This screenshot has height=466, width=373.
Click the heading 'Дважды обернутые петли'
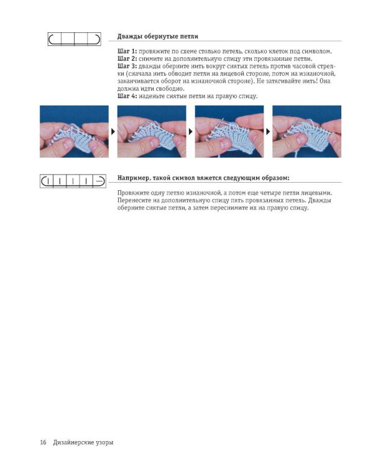158,37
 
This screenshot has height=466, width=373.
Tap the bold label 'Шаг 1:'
127,52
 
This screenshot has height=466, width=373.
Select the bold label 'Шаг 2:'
127,59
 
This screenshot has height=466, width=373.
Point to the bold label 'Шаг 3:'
127,66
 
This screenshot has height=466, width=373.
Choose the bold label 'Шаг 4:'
127,96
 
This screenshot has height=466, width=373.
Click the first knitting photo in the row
75,131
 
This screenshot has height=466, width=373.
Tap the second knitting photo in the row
152,131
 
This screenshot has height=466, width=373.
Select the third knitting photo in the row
229,131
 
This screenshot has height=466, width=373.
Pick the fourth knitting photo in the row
307,131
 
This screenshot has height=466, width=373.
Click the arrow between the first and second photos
113,131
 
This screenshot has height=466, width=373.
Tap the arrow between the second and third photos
191,131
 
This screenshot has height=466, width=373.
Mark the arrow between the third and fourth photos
268,131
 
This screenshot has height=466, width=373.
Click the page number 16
43,442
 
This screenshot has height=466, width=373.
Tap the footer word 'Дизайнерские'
74,442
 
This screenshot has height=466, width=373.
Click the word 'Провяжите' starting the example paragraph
132,193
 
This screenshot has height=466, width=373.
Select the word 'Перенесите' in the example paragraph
134,201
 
